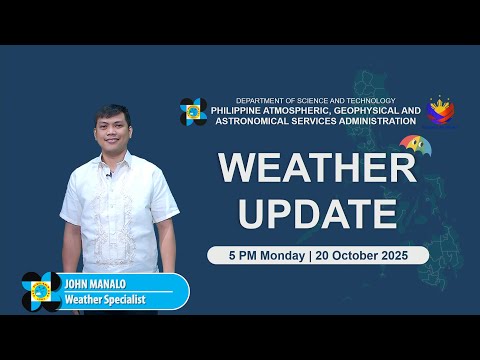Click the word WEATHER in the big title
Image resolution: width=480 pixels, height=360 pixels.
[x=317, y=167]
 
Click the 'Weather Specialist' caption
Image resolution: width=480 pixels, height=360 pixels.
[x=105, y=299]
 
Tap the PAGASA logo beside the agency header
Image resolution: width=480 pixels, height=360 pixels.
[x=193, y=111]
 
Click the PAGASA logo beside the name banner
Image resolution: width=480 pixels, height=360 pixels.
[x=41, y=291]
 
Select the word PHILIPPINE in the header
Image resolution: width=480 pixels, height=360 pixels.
[x=247, y=110]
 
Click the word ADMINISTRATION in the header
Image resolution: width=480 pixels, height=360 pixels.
[x=366, y=121]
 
